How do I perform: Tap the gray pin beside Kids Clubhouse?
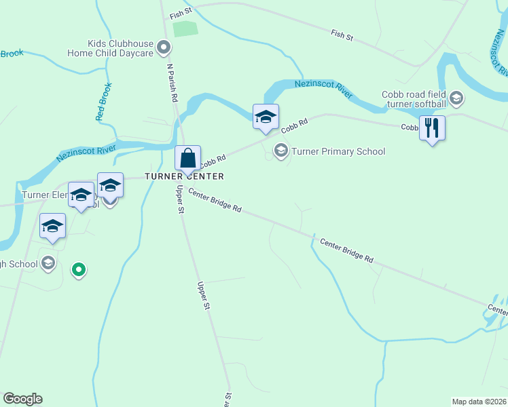[x=164, y=48]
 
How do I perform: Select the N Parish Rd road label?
[x=172, y=83]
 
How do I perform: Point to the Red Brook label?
[x=103, y=102]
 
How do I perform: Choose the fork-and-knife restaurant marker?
[x=432, y=128]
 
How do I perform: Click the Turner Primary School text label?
[x=338, y=151]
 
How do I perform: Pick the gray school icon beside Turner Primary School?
[x=280, y=151]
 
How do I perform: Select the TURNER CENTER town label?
[x=184, y=176]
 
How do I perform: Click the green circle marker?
[x=79, y=270]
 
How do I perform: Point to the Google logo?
[x=22, y=399]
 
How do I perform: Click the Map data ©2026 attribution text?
[x=479, y=402]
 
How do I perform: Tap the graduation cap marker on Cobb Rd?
[x=266, y=116]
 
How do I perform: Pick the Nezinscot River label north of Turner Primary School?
[x=323, y=89]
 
